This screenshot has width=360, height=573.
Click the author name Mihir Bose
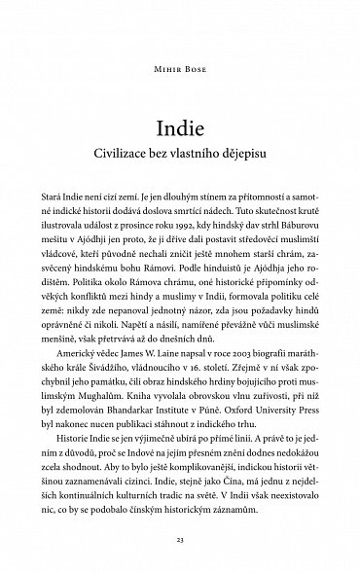point(179,71)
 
